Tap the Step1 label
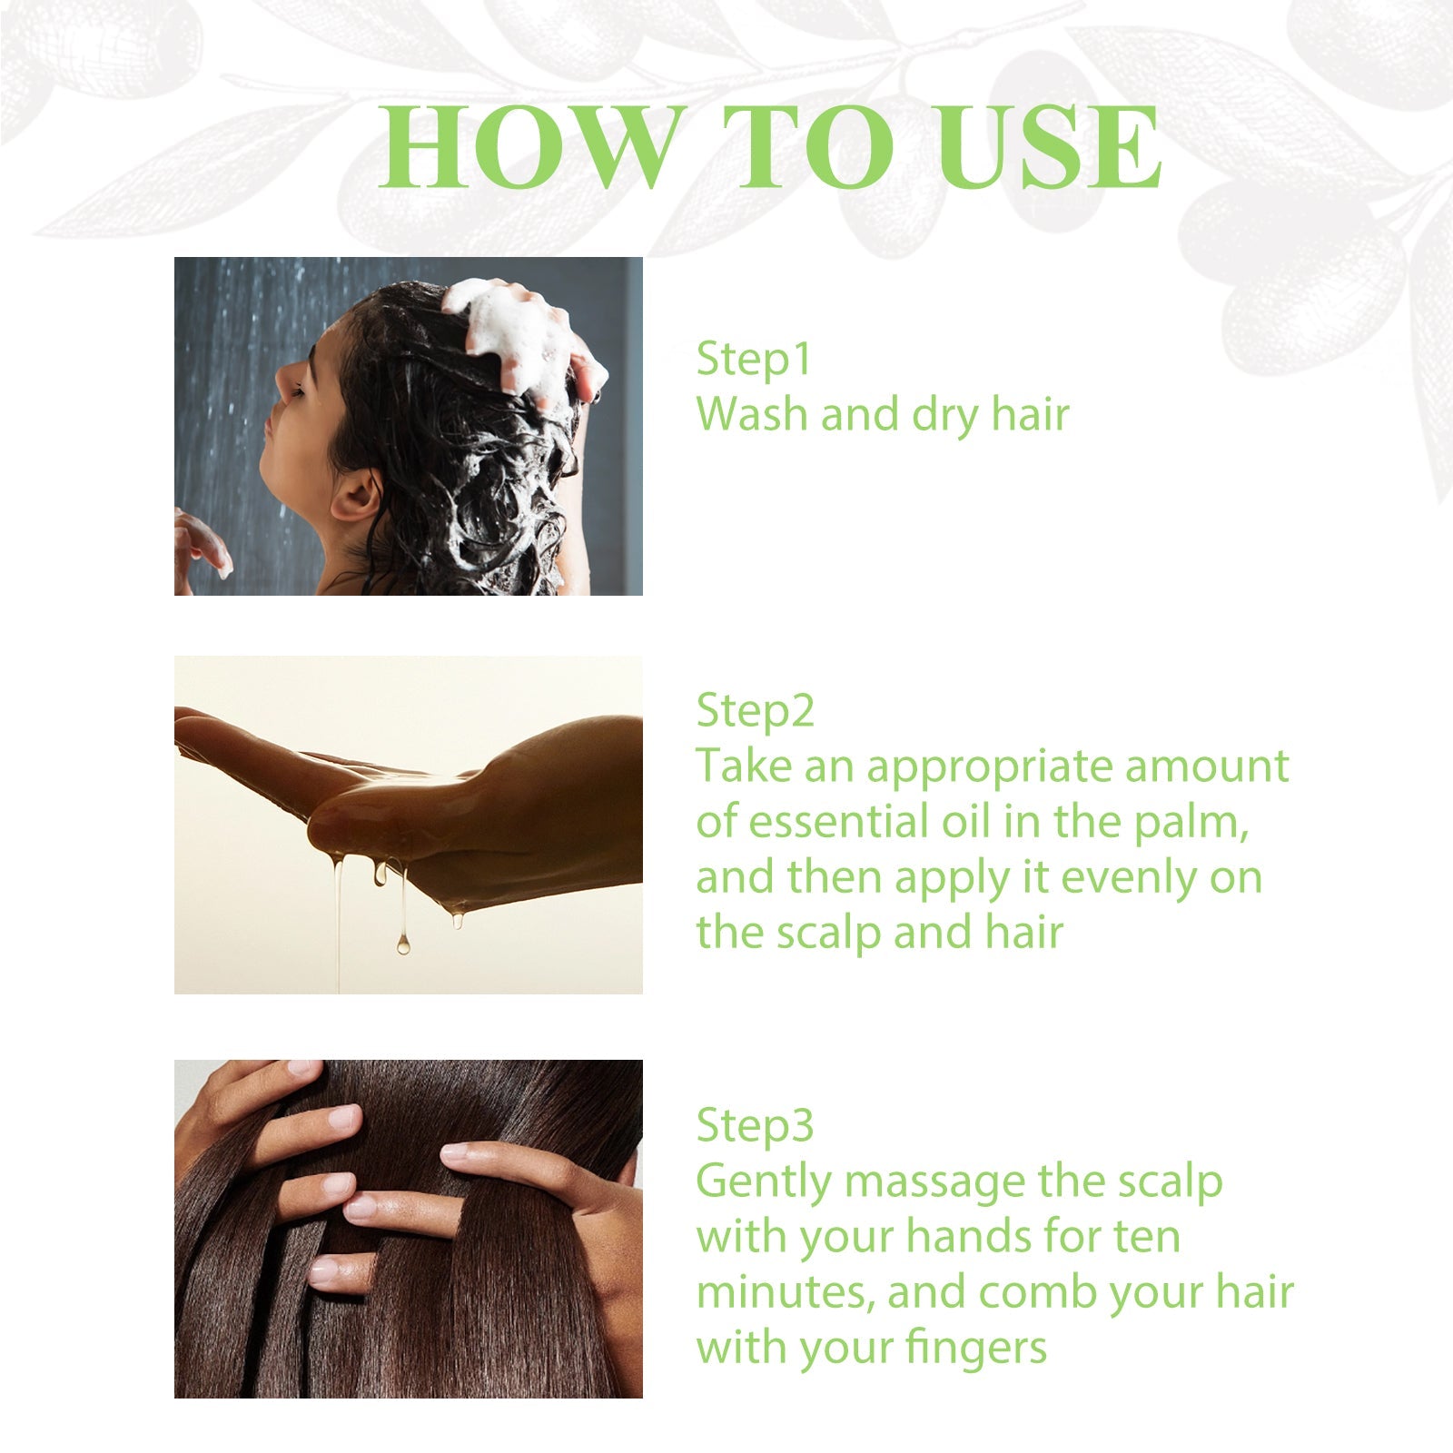coord(753,359)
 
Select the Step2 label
coord(755,711)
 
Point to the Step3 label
coord(755,1126)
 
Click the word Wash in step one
coord(752,414)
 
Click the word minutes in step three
coord(785,1292)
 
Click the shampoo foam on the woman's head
coord(509,336)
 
